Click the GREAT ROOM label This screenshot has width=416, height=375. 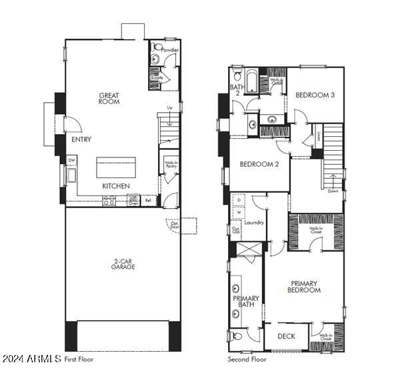tap(109, 99)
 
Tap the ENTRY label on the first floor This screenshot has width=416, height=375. tap(81, 139)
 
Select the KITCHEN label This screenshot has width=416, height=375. tap(116, 185)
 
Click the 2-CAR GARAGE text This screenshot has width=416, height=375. tap(123, 264)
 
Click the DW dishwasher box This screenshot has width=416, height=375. tap(71, 160)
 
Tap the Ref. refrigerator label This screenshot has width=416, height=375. tap(149, 200)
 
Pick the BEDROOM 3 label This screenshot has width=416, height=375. tap(315, 95)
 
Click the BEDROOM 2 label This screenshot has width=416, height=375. tap(259, 164)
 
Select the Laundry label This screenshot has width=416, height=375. tap(254, 223)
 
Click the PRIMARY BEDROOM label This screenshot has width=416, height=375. tap(304, 287)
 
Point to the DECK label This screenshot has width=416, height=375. tap(286, 336)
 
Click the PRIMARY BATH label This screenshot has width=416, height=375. tap(245, 302)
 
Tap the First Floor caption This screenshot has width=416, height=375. tap(79, 359)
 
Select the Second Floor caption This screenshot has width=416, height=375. tap(248, 359)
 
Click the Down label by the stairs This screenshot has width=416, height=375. tap(333, 192)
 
